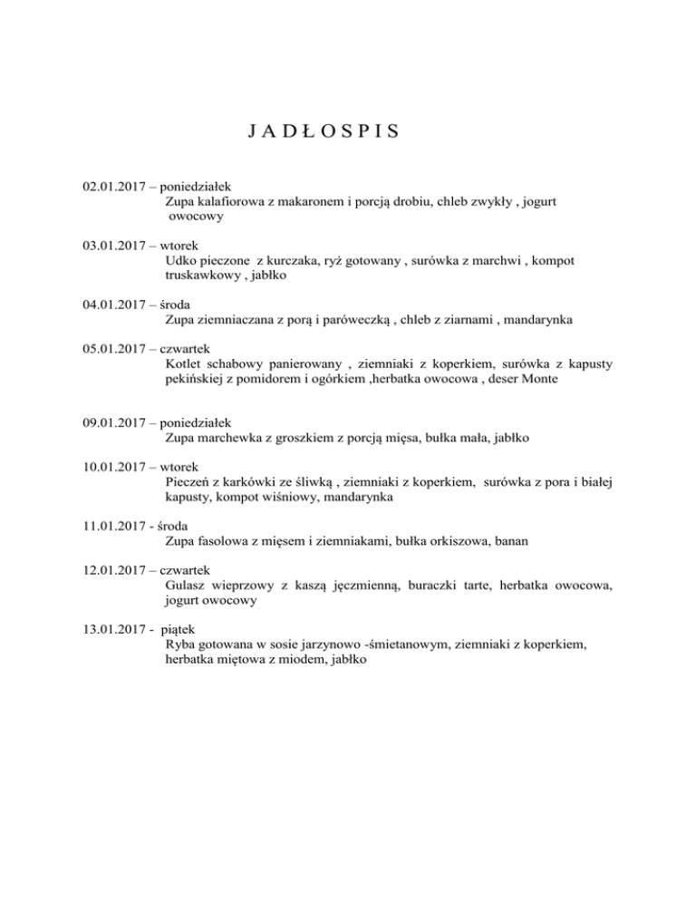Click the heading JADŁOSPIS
(323, 131)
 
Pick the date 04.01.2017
(113, 304)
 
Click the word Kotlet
(185, 363)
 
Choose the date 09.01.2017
(113, 421)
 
